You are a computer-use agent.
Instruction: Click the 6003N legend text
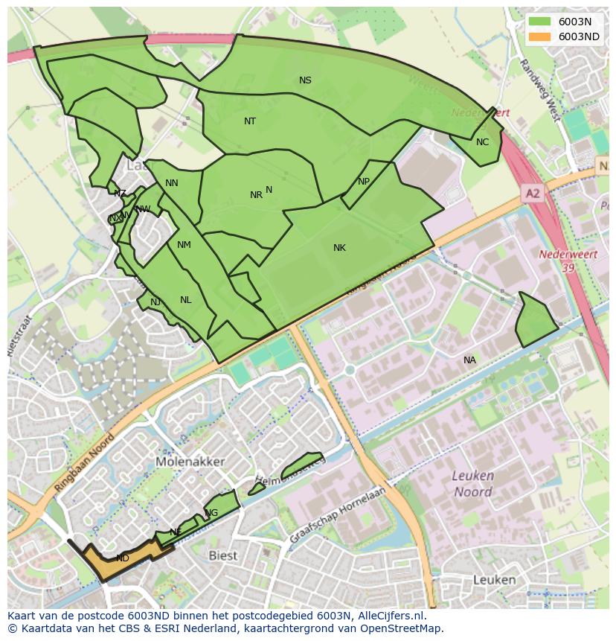[575, 22]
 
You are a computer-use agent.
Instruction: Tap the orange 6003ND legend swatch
[540, 36]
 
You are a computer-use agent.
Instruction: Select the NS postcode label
[305, 80]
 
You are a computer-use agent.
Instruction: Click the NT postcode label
[250, 121]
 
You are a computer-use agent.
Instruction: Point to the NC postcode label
[482, 142]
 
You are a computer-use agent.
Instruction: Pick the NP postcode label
[363, 182]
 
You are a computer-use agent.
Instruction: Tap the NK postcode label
[339, 248]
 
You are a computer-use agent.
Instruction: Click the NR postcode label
[256, 195]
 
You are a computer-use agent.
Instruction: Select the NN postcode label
[171, 183]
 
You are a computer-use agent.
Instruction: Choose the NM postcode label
[184, 245]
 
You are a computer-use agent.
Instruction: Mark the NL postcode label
[185, 300]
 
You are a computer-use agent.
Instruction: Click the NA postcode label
[469, 360]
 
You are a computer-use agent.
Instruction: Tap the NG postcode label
[212, 513]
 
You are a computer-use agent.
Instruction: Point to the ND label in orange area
[123, 558]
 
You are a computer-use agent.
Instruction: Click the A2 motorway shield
[533, 194]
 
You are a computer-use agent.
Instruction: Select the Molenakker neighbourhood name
[190, 462]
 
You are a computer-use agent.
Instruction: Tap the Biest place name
[222, 555]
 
